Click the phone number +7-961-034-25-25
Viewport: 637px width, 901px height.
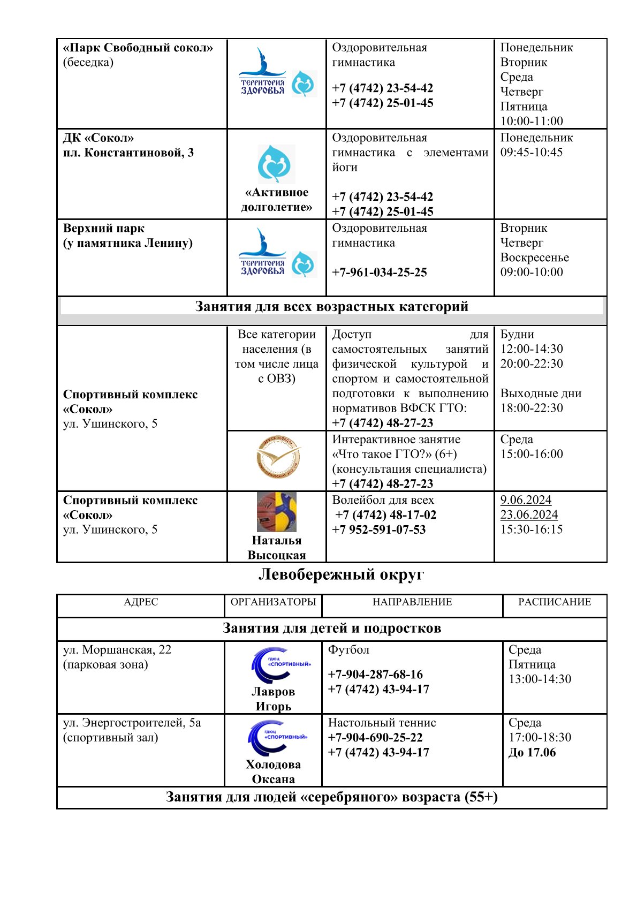point(379,272)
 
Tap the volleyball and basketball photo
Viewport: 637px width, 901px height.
point(276,512)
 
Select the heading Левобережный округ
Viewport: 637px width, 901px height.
point(341,574)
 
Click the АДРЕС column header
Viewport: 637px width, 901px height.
point(141,602)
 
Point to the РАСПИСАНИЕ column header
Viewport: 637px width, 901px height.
point(555,602)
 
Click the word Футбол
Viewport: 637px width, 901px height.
point(348,649)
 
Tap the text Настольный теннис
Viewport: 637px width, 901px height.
point(382,723)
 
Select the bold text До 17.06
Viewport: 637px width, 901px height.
point(532,752)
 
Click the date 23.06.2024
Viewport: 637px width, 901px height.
point(529,514)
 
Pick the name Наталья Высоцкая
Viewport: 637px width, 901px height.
point(276,548)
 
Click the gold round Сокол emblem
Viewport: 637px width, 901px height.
point(278,458)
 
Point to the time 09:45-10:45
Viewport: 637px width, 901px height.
point(532,152)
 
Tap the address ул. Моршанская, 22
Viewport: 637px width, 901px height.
point(117,649)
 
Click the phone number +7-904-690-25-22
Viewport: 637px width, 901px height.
point(375,738)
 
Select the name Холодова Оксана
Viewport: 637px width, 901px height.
point(273,771)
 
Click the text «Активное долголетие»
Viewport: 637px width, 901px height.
point(276,200)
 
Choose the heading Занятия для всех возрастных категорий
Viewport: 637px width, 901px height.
point(331,307)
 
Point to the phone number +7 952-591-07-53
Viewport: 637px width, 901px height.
point(379,529)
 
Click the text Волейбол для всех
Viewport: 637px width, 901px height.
point(383,500)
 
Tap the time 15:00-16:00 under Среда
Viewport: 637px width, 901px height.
point(532,454)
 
